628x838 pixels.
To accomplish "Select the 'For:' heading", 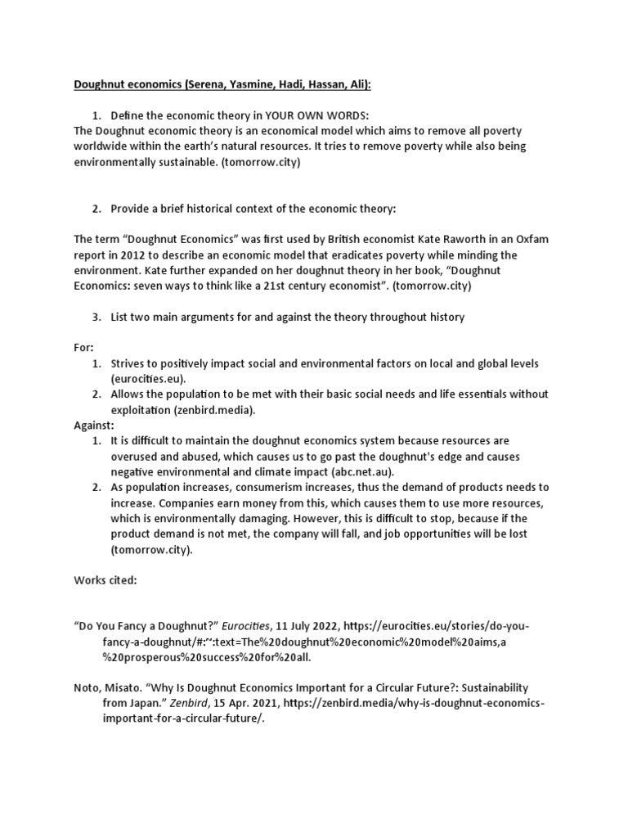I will click(84, 348).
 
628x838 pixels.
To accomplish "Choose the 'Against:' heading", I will click(94, 426).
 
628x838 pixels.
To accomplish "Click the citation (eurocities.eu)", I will click(149, 379).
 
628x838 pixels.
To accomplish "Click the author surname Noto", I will click(89, 688).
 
